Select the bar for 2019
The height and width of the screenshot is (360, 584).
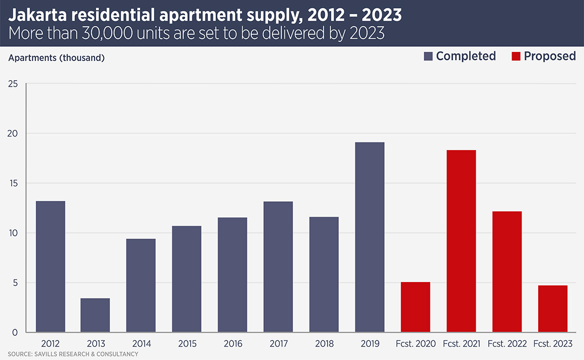[370, 237]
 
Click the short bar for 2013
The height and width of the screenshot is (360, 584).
[95, 315]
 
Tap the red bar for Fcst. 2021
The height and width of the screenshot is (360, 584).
[461, 241]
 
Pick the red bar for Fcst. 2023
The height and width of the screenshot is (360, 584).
[553, 309]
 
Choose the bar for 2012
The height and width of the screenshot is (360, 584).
[50, 266]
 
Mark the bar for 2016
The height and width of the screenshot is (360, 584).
[232, 274]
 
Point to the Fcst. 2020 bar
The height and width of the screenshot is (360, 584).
[415, 307]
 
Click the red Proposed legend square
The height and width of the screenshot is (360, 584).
[516, 56]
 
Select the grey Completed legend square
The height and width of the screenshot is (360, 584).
[428, 56]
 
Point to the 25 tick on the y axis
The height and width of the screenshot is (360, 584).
[13, 84]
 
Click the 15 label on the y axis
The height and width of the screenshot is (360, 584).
[13, 183]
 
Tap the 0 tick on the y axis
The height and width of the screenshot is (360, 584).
[15, 332]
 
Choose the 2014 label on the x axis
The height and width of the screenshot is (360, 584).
[141, 344]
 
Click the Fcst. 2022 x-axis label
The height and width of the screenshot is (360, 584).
[507, 344]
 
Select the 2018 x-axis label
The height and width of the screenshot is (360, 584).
[324, 344]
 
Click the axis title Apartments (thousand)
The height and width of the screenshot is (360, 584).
[56, 57]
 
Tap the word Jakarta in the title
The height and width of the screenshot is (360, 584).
[35, 15]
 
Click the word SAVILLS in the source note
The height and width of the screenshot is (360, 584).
[46, 354]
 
